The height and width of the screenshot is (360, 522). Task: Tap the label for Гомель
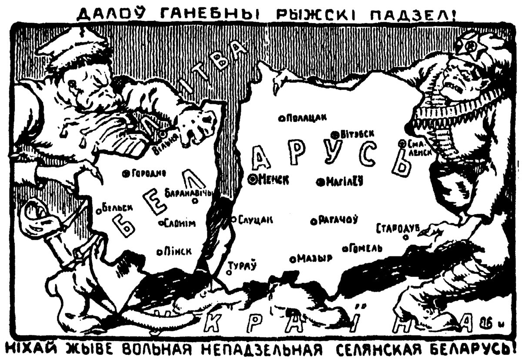(366, 248)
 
